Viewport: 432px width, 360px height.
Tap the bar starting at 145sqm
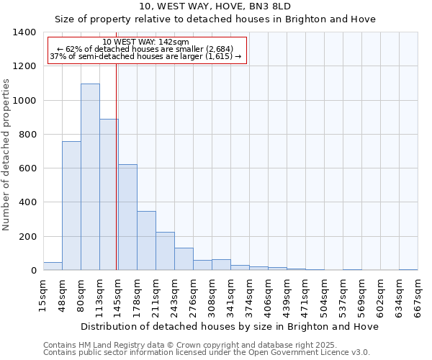click(127, 217)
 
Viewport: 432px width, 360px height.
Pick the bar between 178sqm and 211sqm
click(146, 240)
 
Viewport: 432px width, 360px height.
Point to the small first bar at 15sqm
click(53, 266)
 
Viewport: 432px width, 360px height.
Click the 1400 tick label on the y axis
click(24, 32)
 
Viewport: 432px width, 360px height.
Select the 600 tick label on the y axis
click(27, 168)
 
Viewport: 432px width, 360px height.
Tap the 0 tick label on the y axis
click(33, 271)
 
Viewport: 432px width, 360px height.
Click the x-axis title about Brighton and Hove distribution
click(230, 326)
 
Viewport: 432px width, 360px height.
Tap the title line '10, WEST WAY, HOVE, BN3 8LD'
click(215, 6)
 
